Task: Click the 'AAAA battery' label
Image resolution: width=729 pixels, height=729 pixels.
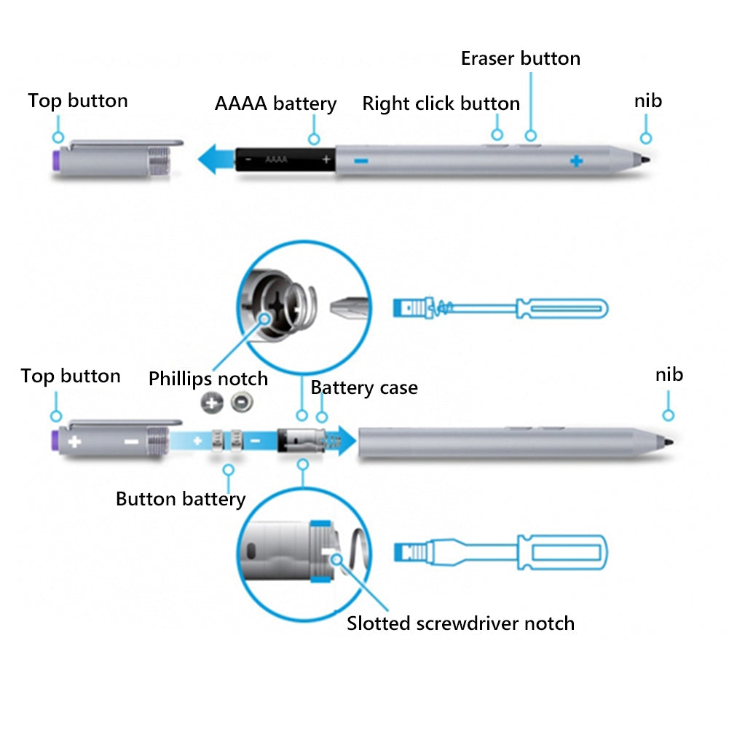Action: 275,103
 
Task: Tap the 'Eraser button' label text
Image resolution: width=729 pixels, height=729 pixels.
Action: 520,58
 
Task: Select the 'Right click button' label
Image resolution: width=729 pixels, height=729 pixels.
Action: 441,103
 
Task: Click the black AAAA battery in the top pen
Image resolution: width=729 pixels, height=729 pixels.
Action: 285,159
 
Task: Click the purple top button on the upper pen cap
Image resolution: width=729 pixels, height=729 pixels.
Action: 55,159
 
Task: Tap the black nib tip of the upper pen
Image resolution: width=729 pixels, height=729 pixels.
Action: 644,159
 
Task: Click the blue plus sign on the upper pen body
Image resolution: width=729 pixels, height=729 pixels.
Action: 576,160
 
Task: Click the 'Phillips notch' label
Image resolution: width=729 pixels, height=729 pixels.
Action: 208,379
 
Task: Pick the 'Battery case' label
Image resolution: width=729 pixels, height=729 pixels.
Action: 364,387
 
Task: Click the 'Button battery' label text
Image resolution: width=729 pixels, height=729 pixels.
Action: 181,499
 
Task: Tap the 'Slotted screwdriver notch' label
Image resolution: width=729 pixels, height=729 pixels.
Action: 460,623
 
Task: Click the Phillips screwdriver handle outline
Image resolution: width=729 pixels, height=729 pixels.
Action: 561,308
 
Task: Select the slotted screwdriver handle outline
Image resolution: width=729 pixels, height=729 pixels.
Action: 561,553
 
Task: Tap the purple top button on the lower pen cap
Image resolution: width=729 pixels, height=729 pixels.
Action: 55,441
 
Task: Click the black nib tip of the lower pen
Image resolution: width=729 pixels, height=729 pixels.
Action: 667,441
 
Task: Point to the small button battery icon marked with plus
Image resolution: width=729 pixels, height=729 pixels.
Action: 212,402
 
